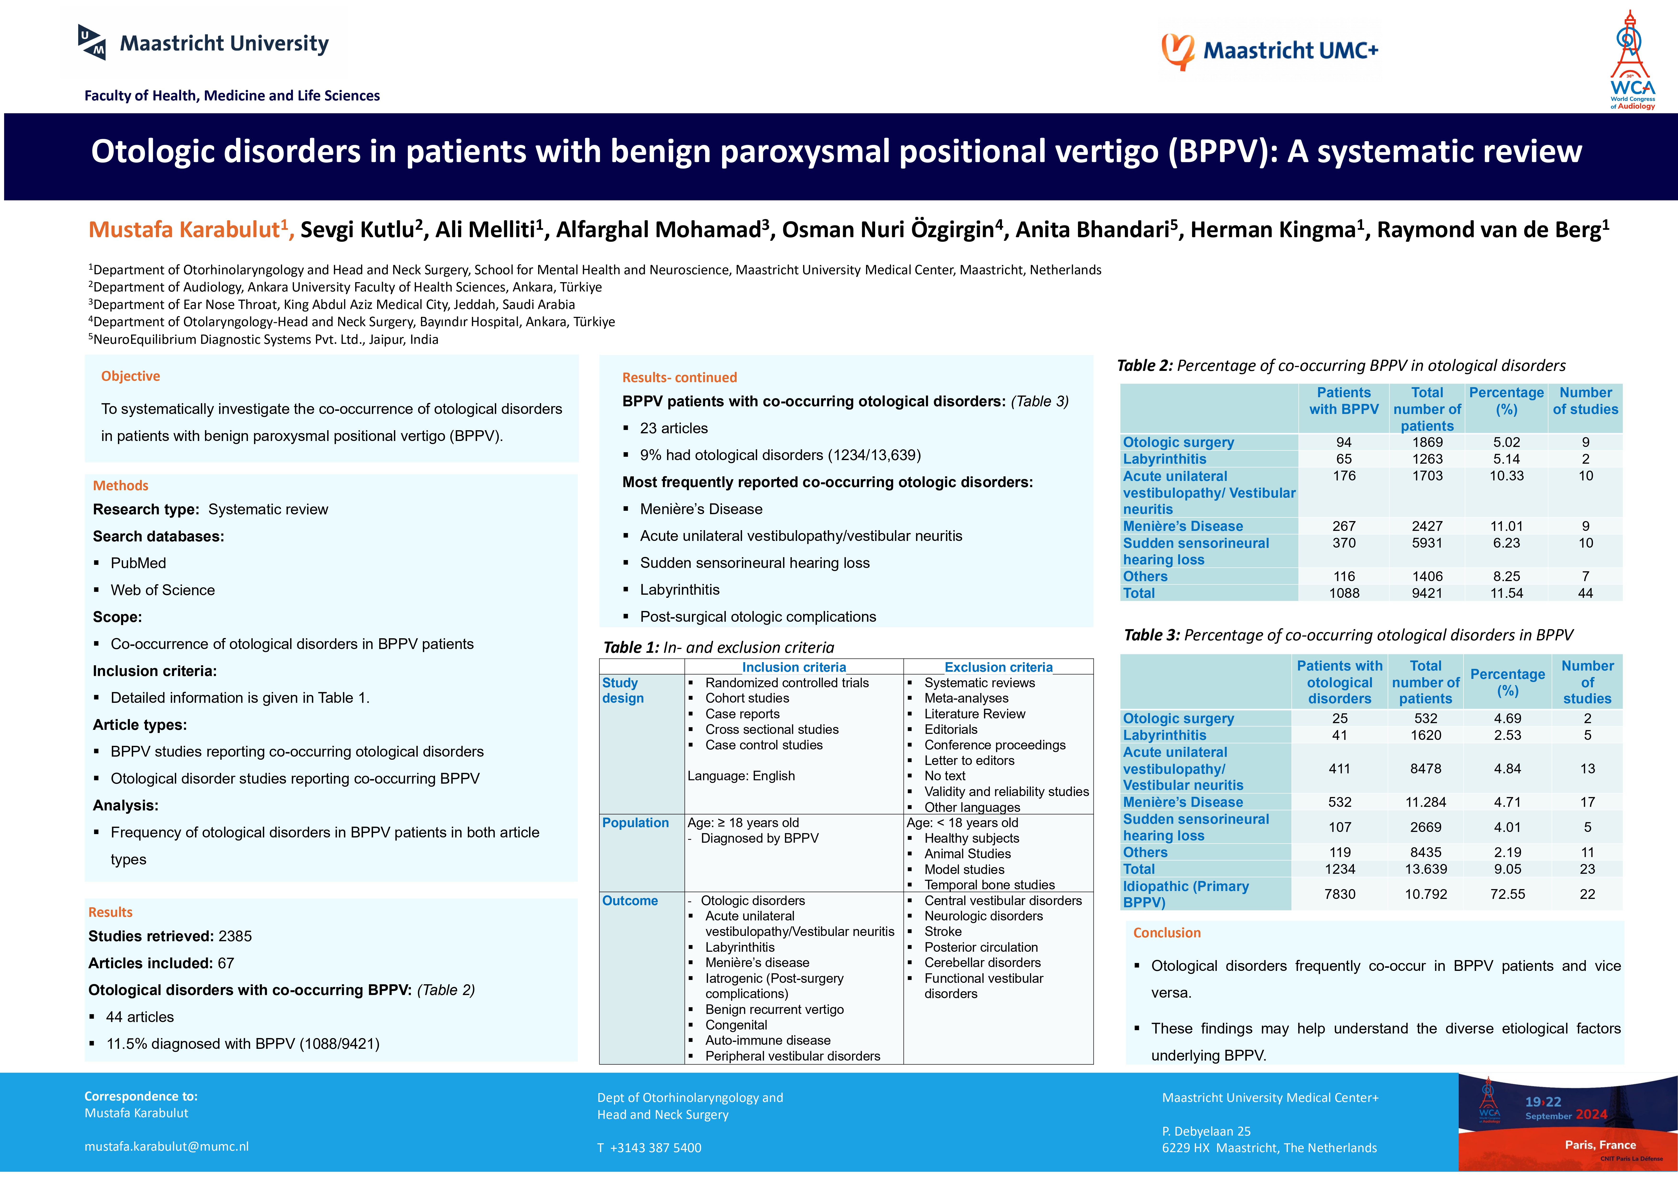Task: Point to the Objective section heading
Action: coord(130,376)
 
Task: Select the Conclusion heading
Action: coord(1167,933)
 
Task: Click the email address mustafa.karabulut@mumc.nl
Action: coord(167,1146)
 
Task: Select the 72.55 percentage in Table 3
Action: coord(1507,894)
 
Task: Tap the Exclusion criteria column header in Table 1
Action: coord(999,667)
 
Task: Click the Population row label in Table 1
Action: coord(635,823)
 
